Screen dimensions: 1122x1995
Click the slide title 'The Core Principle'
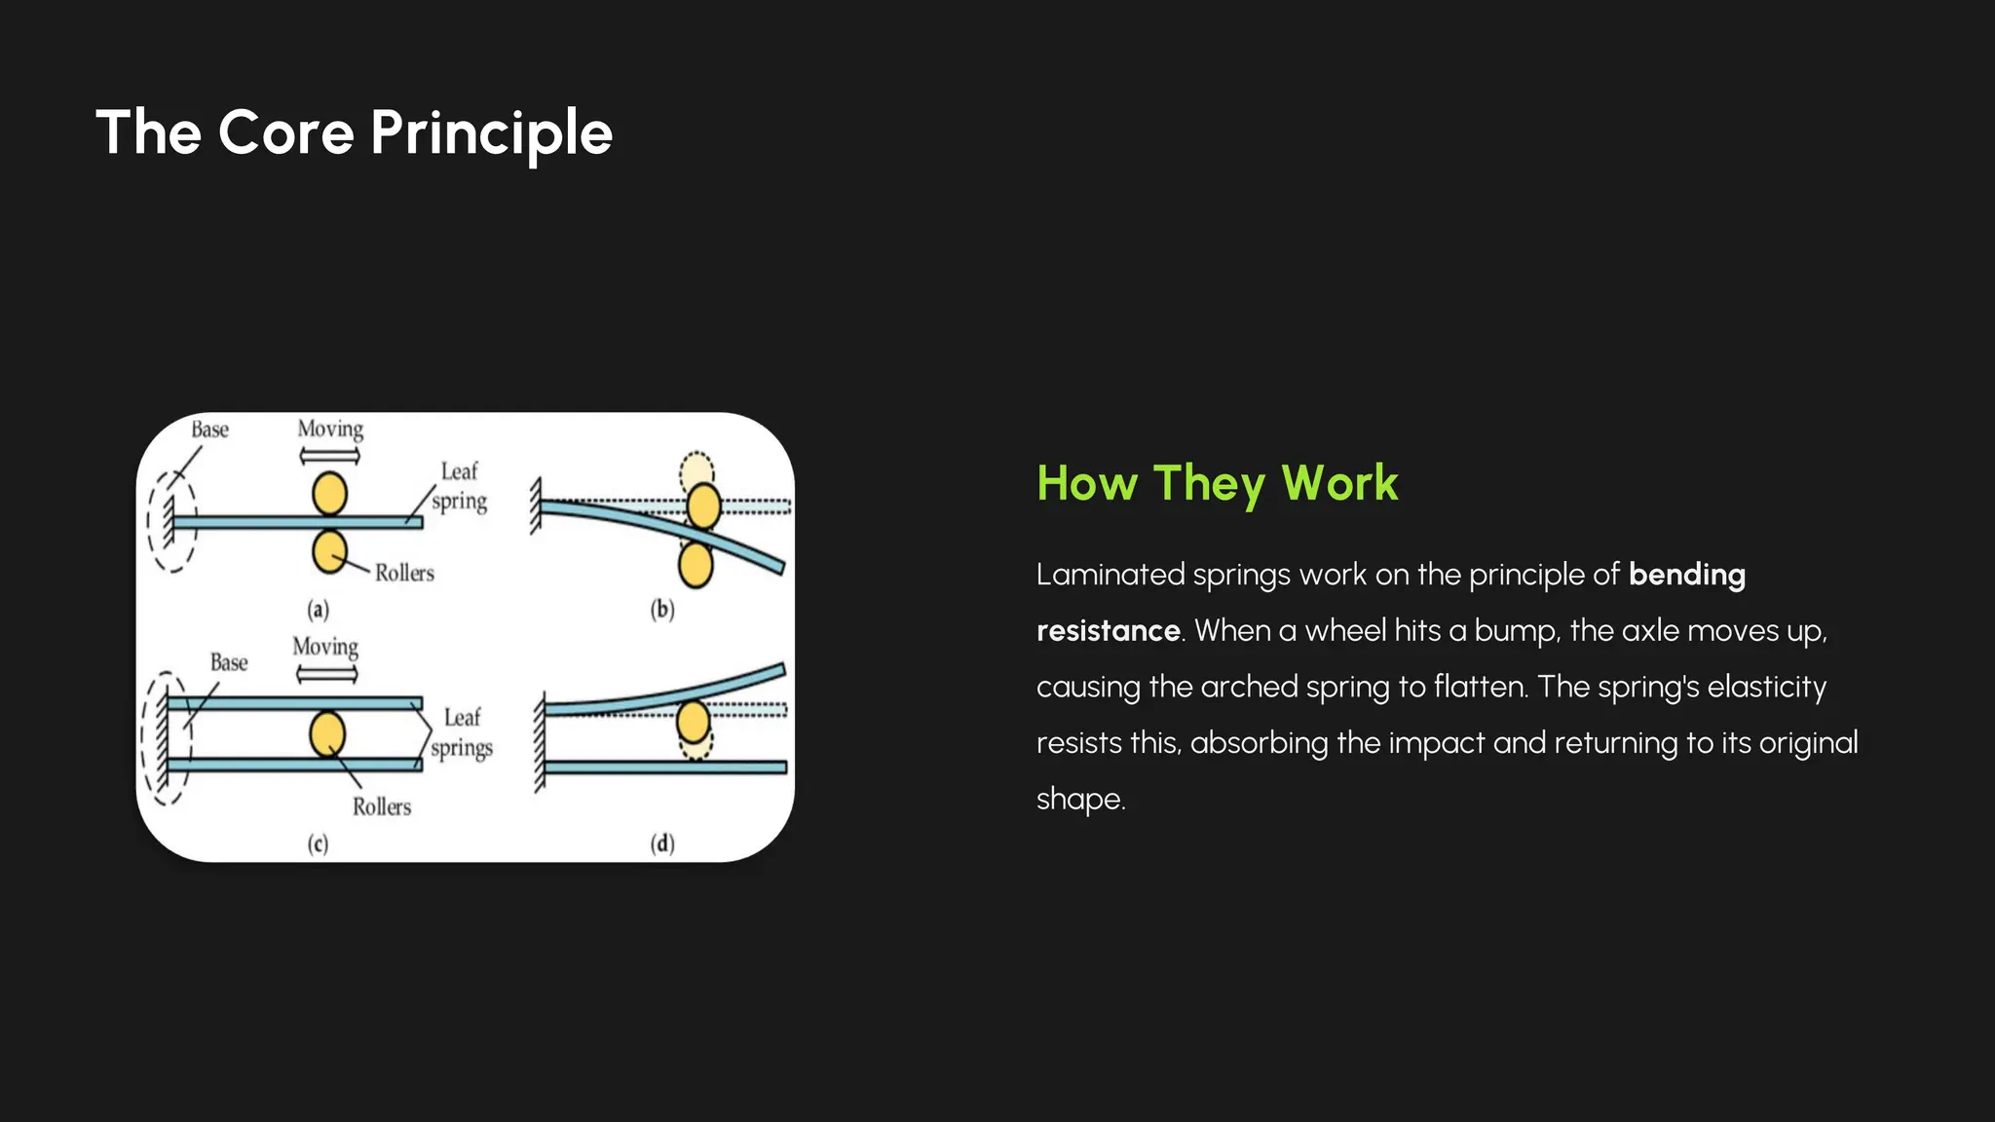[354, 132]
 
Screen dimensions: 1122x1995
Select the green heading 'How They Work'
[1217, 483]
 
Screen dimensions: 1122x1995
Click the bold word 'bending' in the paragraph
[1686, 575]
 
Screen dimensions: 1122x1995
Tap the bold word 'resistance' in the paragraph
[1108, 631]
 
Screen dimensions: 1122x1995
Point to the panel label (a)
[319, 610]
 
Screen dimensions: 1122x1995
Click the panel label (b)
[662, 610]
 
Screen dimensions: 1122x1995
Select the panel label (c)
[319, 843]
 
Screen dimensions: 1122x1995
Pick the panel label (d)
[662, 843]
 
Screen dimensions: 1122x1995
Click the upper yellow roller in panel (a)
[330, 494]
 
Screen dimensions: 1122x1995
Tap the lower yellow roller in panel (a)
[329, 551]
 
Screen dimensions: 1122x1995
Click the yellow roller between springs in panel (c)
[327, 733]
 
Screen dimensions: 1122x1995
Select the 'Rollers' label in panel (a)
[404, 573]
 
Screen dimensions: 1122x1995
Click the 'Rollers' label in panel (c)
[382, 806]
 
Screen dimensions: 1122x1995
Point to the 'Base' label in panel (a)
[209, 430]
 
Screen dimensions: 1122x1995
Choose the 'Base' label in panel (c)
[229, 662]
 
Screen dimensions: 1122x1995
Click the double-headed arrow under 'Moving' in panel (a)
[329, 455]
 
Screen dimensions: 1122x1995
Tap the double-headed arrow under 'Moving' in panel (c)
[326, 674]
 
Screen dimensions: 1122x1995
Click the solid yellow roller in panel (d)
[693, 723]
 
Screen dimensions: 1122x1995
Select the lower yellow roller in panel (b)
[696, 565]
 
